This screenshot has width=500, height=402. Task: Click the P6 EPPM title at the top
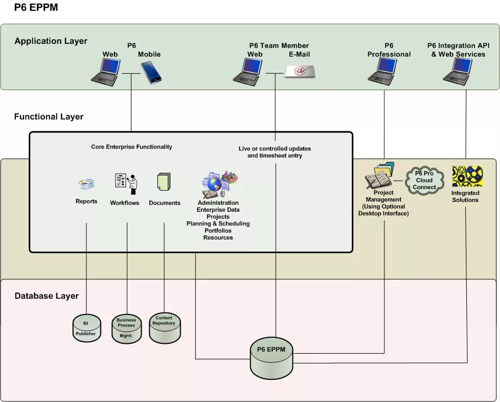36,8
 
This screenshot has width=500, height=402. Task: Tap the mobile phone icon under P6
151,72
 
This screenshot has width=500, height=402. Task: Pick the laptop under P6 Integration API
457,72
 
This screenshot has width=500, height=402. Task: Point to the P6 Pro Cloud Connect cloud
425,180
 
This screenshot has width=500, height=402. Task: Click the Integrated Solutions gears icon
467,177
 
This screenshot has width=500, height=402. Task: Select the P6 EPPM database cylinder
271,359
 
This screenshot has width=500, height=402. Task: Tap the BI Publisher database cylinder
86,328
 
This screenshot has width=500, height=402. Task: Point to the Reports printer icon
86,185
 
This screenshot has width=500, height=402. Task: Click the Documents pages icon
164,182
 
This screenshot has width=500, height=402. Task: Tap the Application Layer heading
50,41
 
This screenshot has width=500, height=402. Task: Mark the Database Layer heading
46,296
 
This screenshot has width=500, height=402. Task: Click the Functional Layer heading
49,117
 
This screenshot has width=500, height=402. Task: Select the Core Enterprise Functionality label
131,147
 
